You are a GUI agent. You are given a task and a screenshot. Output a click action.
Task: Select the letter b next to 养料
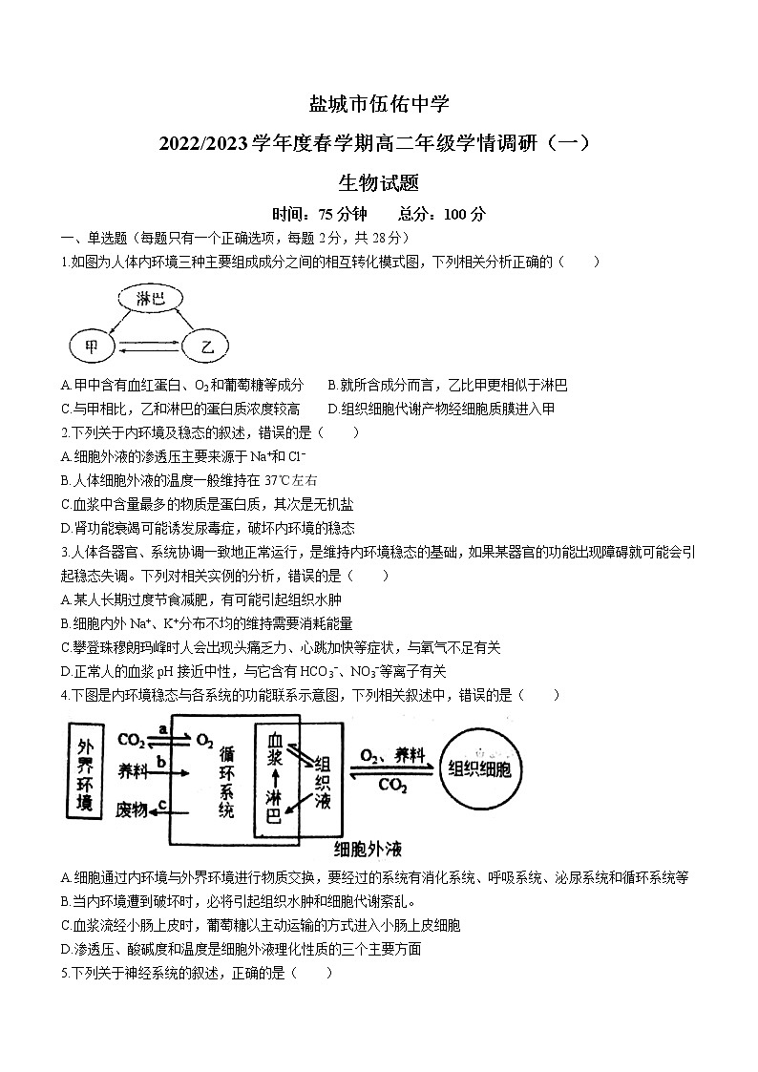(162, 761)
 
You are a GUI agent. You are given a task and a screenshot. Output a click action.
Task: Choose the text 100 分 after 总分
(468, 214)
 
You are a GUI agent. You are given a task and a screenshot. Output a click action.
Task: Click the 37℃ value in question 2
(280, 480)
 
